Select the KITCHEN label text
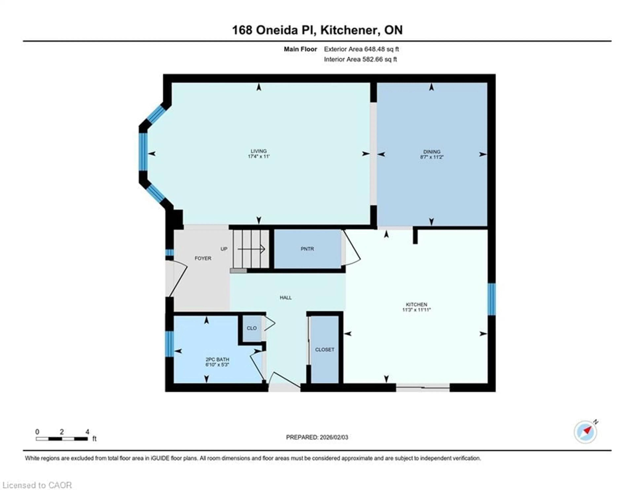click(416, 305)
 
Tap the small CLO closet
click(251, 328)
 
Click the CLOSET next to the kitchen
click(325, 350)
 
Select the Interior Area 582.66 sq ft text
click(360, 59)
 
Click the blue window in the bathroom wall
click(169, 344)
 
